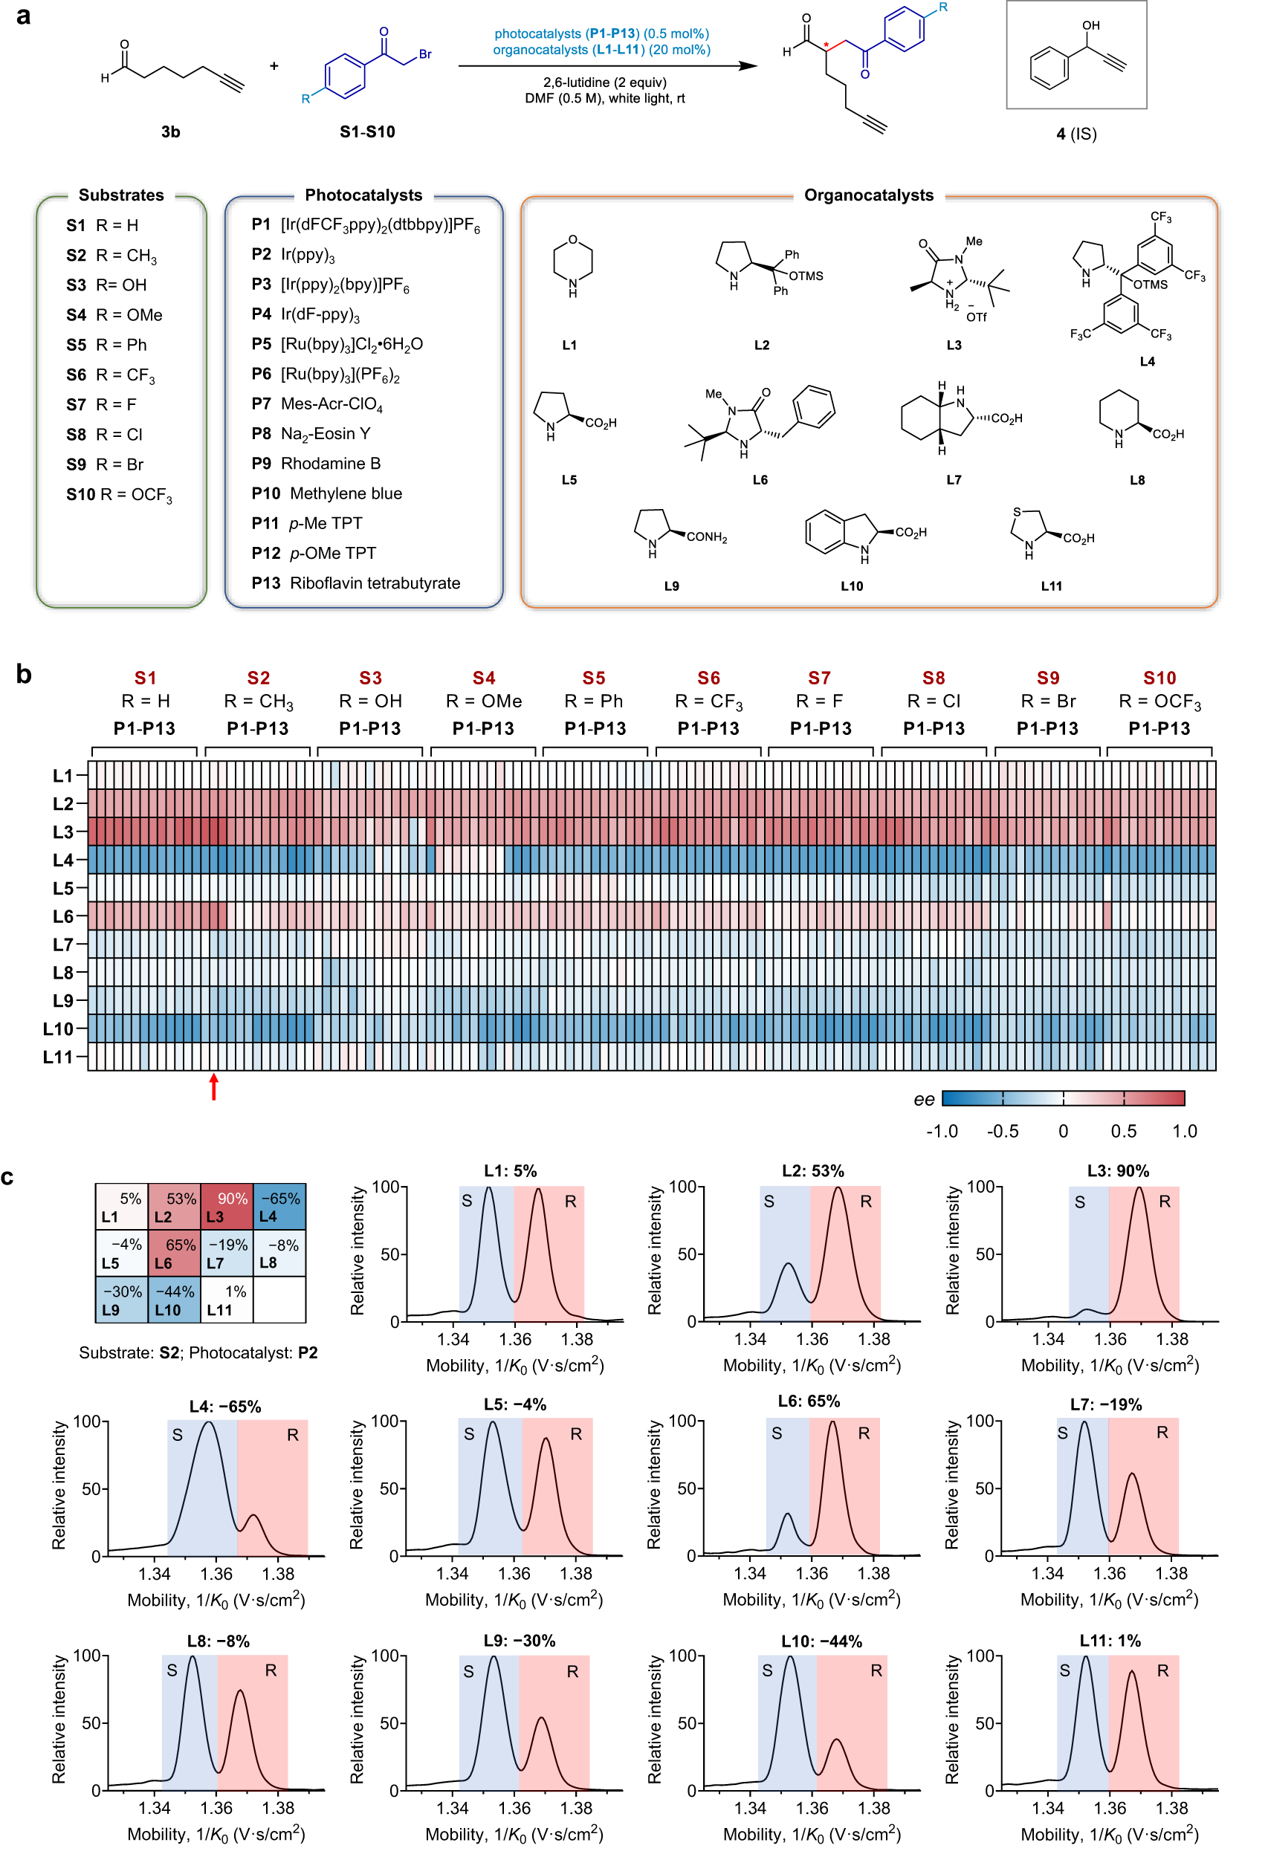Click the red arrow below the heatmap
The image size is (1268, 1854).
tap(214, 1087)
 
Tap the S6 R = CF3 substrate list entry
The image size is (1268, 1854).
tap(111, 375)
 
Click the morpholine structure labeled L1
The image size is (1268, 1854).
tap(572, 266)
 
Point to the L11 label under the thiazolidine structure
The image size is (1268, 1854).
tap(1051, 586)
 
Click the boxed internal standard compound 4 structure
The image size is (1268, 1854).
tap(1075, 55)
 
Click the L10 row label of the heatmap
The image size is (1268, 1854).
tap(58, 1029)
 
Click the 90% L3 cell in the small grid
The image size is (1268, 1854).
tap(227, 1207)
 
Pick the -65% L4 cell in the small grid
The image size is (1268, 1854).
tap(279, 1207)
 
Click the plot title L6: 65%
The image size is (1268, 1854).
tap(809, 1401)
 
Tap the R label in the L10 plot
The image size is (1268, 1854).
tap(876, 1670)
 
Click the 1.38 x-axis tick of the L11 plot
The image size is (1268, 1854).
tap(1171, 1809)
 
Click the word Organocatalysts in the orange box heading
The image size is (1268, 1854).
tap(868, 195)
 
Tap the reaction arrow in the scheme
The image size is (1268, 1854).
tap(606, 66)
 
